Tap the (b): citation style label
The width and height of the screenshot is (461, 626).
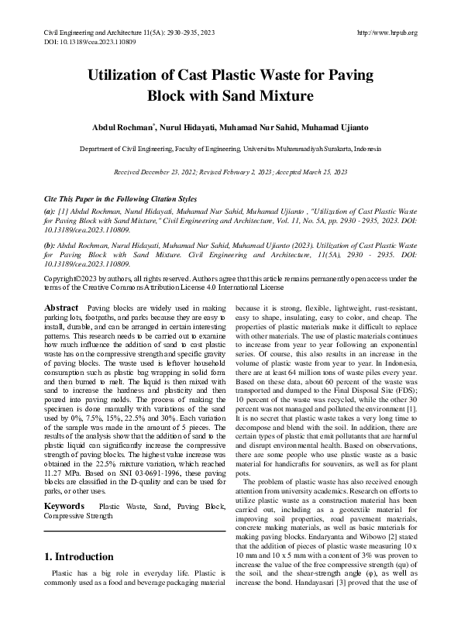click(50, 243)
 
